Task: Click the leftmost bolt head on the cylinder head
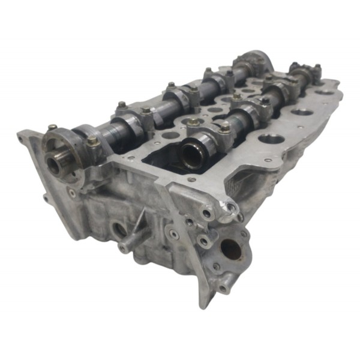52,127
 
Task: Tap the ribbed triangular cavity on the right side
240,179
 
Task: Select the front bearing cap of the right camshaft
207,130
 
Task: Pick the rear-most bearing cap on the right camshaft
303,73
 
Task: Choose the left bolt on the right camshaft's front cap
193,122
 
